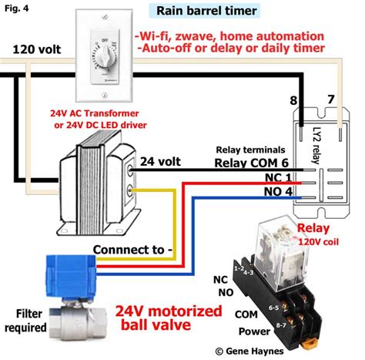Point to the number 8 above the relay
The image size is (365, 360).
click(x=292, y=100)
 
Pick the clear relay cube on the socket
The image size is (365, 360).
click(x=279, y=239)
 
